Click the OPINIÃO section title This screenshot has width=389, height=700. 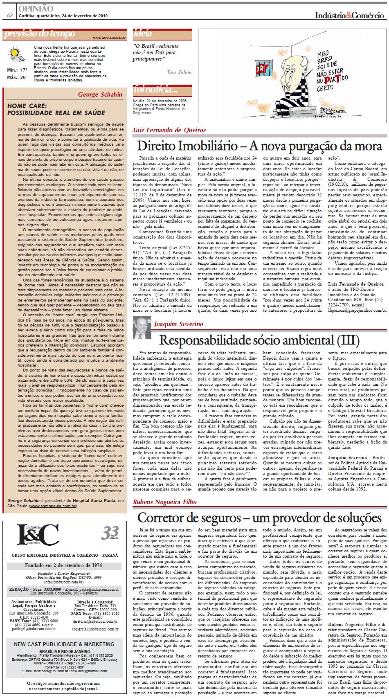[x=36, y=8]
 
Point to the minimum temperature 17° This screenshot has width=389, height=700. [x=24, y=70]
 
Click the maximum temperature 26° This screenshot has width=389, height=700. [x=24, y=77]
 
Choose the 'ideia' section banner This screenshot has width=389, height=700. [x=143, y=34]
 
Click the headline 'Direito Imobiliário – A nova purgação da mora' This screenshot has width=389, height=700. [x=259, y=146]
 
